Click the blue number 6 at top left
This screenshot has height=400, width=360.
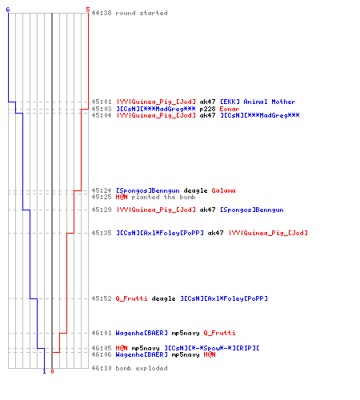click(8, 10)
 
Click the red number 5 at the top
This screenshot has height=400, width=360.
click(88, 10)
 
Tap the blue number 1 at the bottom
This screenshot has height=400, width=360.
click(44, 371)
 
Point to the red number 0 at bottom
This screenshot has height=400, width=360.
click(52, 371)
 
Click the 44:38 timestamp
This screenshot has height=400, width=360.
click(102, 13)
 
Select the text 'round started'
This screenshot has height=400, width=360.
click(142, 13)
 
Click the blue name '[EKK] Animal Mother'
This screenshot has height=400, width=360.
click(258, 102)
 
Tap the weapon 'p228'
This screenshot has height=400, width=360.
click(207, 109)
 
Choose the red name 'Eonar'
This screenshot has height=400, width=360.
click(230, 109)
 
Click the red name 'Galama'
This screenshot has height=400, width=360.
click(223, 190)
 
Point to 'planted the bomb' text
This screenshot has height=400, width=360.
click(163, 197)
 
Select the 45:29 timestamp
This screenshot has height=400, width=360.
click(102, 210)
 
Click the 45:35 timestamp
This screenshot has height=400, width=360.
click(102, 233)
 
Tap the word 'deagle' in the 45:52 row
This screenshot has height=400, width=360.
click(163, 298)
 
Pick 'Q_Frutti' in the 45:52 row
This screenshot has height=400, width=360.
click(131, 298)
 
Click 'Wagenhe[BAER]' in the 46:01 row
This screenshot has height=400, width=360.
click(142, 333)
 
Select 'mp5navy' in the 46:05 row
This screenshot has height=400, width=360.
click(146, 348)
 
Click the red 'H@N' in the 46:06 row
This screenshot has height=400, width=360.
click(210, 354)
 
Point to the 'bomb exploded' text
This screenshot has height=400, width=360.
click(142, 368)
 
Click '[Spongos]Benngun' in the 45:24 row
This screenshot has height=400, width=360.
click(148, 190)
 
